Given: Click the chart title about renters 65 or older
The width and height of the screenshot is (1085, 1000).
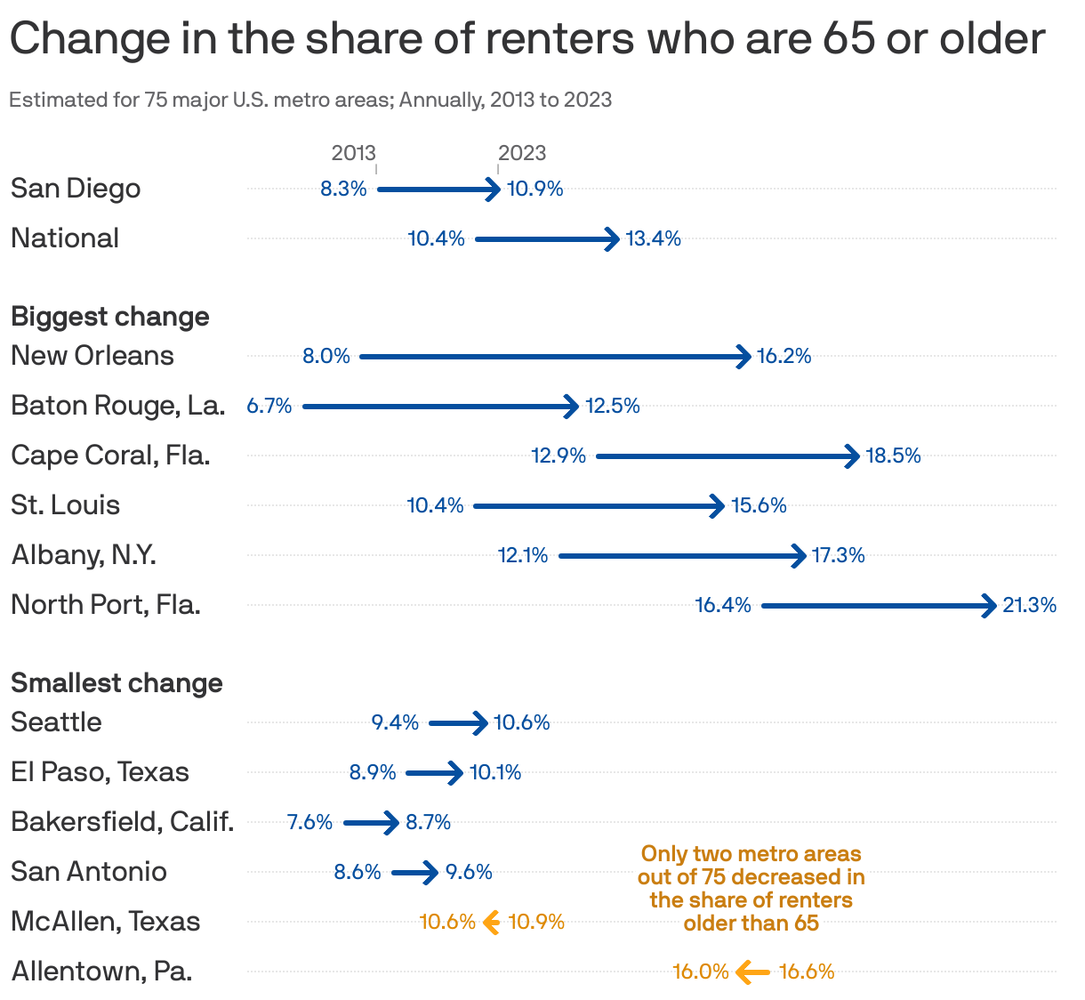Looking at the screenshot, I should point(526,39).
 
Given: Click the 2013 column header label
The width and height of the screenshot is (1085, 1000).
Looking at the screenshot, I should point(353,153).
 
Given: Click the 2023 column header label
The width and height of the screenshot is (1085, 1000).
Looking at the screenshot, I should point(522,153).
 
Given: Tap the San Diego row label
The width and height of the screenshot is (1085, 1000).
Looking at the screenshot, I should point(76,189).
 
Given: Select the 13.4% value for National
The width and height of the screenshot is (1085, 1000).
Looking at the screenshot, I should point(653,238).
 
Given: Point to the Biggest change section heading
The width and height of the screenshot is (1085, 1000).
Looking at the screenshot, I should point(110,317).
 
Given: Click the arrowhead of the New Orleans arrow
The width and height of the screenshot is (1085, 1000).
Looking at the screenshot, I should point(743,357).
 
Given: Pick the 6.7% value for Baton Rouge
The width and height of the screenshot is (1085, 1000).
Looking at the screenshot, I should point(269,406).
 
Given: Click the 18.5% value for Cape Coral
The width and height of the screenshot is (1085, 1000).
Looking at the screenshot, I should point(893,456).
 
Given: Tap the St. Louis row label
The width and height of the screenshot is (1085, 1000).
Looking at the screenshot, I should point(66,505).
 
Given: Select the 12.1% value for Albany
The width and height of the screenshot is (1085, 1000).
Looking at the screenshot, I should point(523,556).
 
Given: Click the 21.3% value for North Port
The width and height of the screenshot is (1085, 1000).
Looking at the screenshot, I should point(1029,606).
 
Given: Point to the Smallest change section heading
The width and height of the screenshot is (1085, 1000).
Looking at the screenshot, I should point(117,683).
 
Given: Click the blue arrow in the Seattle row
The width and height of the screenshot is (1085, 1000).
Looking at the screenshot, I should point(458,723).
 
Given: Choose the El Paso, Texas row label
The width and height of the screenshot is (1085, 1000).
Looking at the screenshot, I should point(100,772).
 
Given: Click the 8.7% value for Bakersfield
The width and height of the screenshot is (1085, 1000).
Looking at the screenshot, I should point(428,823).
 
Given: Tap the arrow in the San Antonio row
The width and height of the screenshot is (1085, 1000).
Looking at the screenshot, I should point(414,873).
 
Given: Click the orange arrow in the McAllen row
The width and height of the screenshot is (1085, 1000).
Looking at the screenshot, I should point(491,923).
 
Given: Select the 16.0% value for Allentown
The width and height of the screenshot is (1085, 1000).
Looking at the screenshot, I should point(700,972).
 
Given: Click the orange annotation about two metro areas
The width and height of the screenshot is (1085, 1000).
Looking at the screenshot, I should point(751,888).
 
